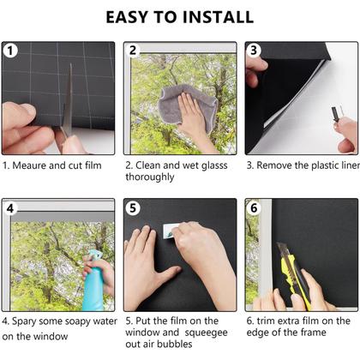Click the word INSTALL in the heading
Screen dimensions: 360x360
[x=219, y=17]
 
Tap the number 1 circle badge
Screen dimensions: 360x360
[x=10, y=51]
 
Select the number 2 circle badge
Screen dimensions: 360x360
[x=133, y=51]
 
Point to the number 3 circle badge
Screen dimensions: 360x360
[x=254, y=51]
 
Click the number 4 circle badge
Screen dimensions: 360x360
[x=10, y=208]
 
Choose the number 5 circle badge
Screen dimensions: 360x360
[x=133, y=208]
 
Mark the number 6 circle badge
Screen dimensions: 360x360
[x=254, y=207]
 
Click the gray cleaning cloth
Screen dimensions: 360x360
[x=186, y=105]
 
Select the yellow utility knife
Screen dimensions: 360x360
[x=294, y=276]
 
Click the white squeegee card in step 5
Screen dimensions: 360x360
[x=171, y=231]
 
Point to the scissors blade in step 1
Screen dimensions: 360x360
[x=68, y=100]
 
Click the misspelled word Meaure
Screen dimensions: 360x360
[x=29, y=165]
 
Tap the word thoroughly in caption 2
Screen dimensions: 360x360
[x=150, y=177]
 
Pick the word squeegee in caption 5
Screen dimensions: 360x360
[x=206, y=333]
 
